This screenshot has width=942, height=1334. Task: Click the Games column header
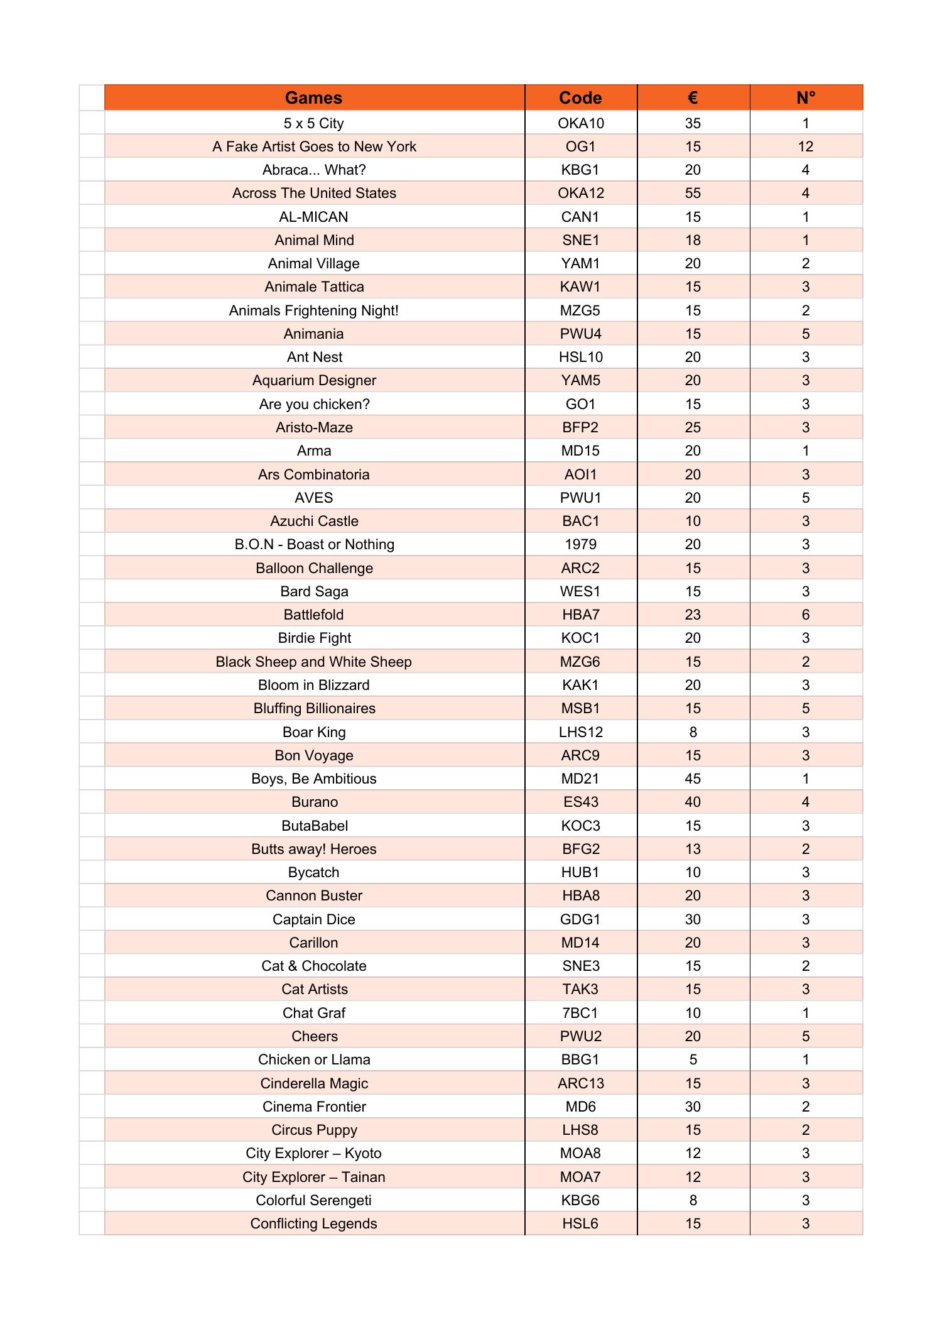(313, 97)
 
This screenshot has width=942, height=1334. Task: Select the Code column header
(580, 97)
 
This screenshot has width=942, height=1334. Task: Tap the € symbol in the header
(693, 97)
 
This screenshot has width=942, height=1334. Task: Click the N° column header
(806, 97)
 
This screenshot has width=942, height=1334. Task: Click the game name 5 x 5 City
(313, 123)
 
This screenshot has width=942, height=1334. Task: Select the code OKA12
(580, 193)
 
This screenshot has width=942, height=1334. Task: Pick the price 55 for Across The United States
(693, 193)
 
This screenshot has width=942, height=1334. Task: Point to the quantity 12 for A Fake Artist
(806, 146)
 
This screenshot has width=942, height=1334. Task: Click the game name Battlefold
(313, 615)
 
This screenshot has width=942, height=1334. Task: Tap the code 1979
(580, 544)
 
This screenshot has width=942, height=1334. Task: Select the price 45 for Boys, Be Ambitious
(693, 779)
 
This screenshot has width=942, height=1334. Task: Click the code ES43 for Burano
(580, 802)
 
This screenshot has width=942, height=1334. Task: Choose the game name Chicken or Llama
(313, 1059)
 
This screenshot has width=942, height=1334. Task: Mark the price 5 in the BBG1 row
(693, 1059)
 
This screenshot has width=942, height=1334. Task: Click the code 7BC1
(580, 1013)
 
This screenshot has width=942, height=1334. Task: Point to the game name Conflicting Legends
(313, 1223)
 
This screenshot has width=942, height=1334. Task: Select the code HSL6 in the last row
(580, 1223)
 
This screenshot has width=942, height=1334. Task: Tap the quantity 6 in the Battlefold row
(806, 615)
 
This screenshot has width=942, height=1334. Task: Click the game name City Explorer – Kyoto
(313, 1153)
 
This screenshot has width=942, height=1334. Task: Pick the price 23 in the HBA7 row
(693, 615)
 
